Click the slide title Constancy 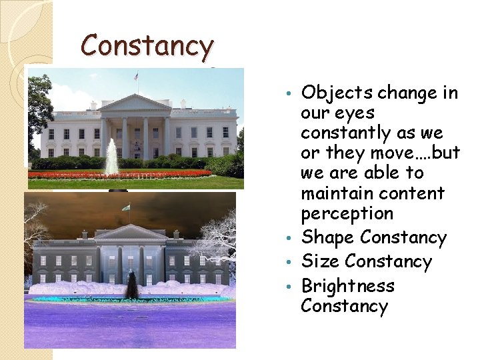pos(147,47)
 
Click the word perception pos(347,214)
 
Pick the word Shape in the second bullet pos(328,237)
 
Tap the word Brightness pos(348,286)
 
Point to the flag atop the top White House pos(137,77)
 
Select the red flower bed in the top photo pos(120,174)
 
